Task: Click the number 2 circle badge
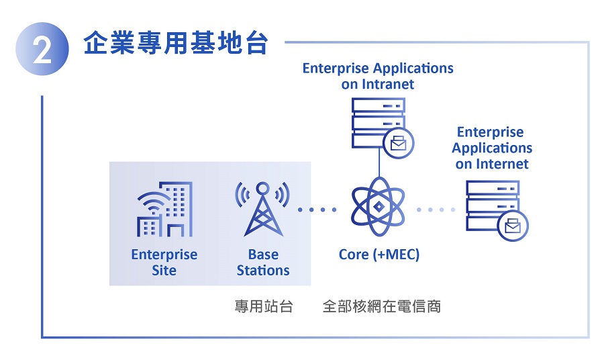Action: tap(42, 49)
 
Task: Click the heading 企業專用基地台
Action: tap(176, 43)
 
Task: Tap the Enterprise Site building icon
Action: tap(165, 209)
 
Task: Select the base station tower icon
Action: tap(262, 209)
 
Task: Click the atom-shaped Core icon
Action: tap(379, 208)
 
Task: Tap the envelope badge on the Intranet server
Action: tap(398, 143)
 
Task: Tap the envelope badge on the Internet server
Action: tap(513, 226)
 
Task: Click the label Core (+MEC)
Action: tap(379, 255)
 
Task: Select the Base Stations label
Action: tap(263, 263)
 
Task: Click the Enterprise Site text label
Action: tap(164, 263)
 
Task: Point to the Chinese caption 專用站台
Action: tap(264, 306)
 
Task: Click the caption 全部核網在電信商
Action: tap(382, 306)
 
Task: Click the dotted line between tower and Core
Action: tap(317, 210)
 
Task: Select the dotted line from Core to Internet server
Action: tap(436, 210)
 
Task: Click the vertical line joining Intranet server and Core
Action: tap(379, 163)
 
